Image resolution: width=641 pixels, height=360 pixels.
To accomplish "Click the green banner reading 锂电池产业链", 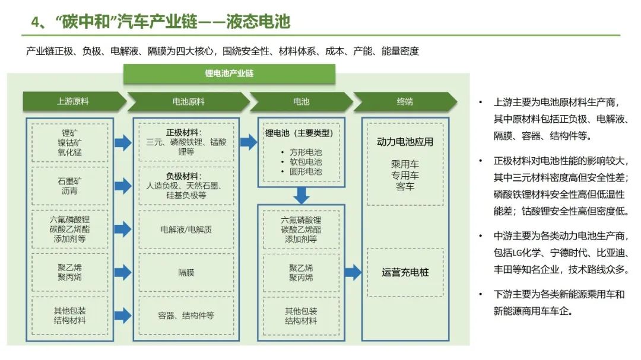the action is [x=229, y=74].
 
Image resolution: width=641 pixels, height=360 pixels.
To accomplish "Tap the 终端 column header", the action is [x=405, y=101].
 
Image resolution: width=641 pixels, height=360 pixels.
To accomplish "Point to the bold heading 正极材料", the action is [x=183, y=132].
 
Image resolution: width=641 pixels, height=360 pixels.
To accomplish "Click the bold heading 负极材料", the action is [x=183, y=176].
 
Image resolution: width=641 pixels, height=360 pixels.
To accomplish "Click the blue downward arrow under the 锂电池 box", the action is [x=302, y=195].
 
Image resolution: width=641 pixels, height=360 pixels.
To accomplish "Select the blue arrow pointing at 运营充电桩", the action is [x=353, y=273].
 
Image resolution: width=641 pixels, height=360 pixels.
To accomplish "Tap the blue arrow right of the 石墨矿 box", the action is [x=123, y=186].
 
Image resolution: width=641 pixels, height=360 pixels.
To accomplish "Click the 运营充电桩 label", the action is [x=405, y=273].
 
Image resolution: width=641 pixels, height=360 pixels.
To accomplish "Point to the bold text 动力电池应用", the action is [x=405, y=142].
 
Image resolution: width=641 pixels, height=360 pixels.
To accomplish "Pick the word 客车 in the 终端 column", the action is [x=405, y=186].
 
